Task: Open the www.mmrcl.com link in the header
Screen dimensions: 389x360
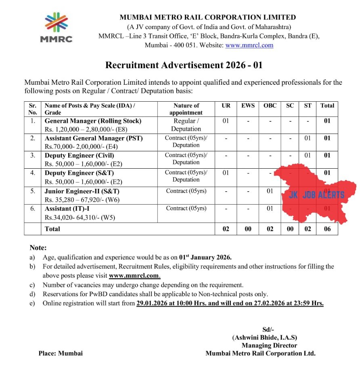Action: pos(249,45)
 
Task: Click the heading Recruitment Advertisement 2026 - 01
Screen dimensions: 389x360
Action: pos(184,65)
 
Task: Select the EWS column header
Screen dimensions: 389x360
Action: pos(248,105)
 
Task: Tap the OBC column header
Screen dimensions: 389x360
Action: pos(270,105)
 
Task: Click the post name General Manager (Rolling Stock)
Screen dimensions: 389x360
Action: pos(93,121)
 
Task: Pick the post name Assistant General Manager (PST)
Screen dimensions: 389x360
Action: pos(94,138)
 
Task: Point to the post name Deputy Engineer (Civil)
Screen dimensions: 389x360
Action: pos(80,155)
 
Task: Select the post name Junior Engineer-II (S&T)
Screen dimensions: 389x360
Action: pos(82,191)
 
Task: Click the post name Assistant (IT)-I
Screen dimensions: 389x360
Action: pos(65,209)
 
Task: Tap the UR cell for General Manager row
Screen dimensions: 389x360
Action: pos(226,121)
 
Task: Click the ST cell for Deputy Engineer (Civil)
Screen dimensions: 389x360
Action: pos(308,155)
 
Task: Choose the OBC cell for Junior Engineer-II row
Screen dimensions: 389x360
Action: pos(270,191)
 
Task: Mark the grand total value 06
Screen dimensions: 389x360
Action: pos(327,229)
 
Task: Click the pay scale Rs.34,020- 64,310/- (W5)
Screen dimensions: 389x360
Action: pos(82,217)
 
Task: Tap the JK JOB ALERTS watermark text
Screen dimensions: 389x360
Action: pos(317,195)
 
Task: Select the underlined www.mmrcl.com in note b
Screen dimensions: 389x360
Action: pos(134,276)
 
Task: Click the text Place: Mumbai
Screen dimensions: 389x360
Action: pos(61,353)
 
